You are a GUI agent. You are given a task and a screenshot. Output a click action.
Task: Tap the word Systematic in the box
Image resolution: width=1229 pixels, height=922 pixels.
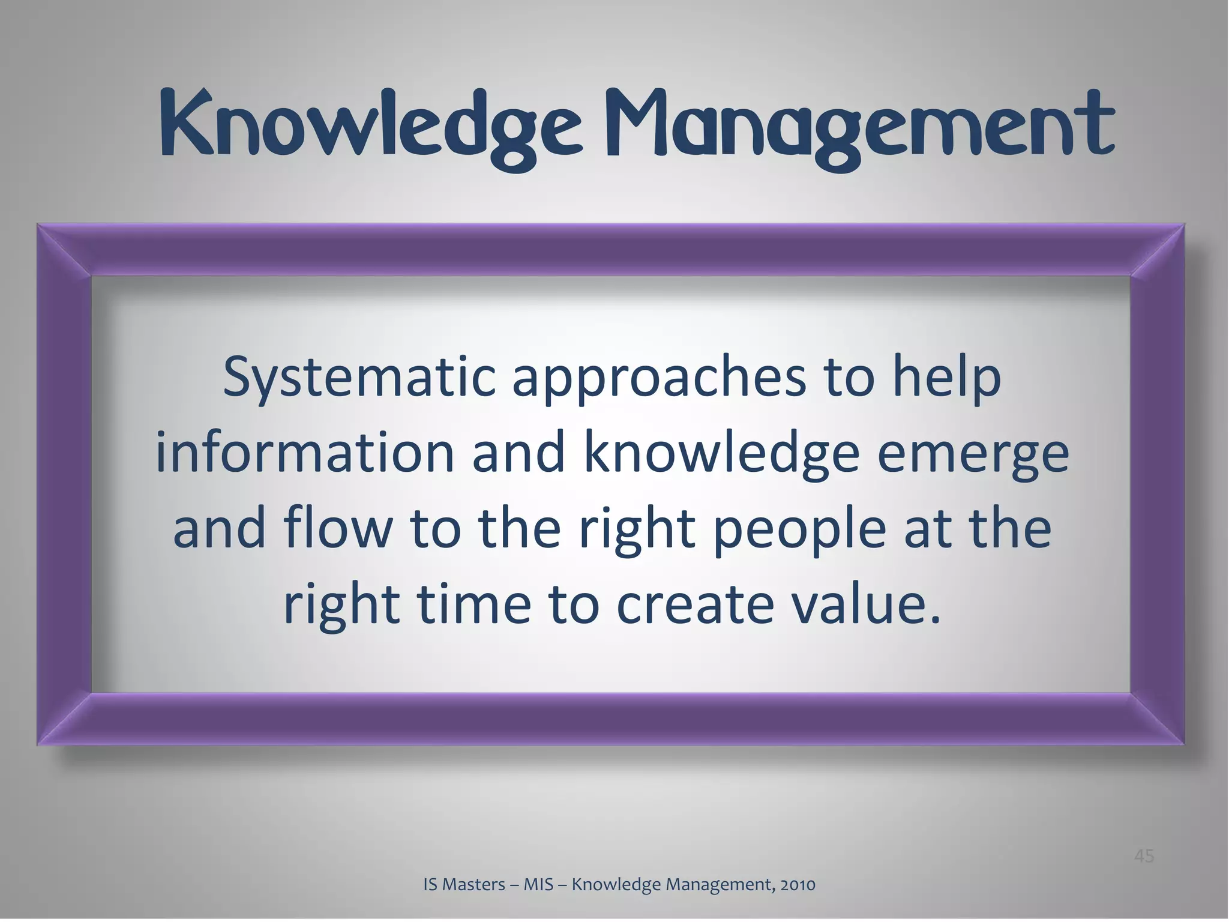point(359,378)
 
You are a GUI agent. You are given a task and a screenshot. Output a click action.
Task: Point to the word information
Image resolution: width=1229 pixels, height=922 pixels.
point(305,453)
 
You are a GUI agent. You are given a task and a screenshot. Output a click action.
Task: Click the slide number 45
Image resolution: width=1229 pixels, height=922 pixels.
point(1144,856)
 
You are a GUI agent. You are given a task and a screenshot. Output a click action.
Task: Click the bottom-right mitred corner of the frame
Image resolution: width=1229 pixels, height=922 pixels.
point(1158,719)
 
